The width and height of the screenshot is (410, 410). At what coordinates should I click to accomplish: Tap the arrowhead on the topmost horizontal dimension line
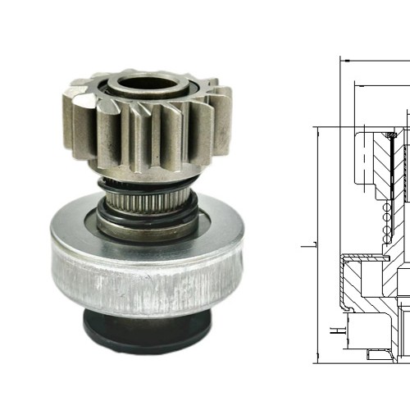pos(345,60)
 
